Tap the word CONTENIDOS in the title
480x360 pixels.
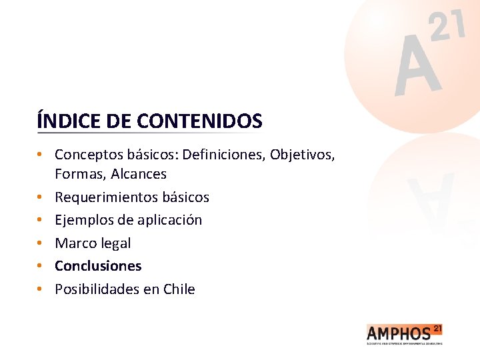coord(199,121)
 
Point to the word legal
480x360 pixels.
coord(115,243)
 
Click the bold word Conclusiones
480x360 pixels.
coord(98,266)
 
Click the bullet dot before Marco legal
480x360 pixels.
coord(41,243)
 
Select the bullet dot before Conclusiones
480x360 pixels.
coord(41,266)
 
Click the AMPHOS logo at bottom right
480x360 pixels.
coord(404,333)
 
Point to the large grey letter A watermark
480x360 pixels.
coord(417,67)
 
